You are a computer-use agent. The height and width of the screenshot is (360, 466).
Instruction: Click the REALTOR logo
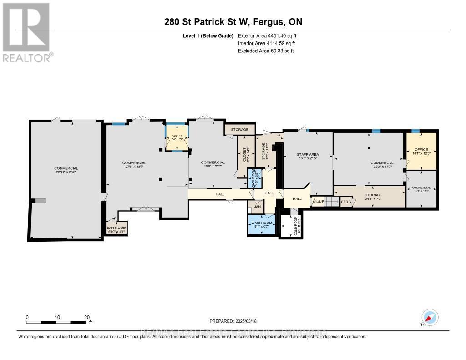click(27, 32)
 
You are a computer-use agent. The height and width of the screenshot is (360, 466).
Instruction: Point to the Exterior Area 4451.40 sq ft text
click(267, 35)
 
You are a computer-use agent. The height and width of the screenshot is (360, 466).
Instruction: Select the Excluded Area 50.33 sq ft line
click(266, 51)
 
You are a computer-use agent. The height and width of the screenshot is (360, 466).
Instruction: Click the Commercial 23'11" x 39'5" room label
click(66, 171)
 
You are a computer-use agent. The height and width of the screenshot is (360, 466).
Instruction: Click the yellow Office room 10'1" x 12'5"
click(421, 151)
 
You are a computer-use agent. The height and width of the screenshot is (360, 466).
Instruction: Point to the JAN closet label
click(257, 207)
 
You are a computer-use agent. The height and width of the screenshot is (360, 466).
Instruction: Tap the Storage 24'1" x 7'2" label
click(373, 197)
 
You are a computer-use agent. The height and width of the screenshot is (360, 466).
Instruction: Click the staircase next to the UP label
click(332, 201)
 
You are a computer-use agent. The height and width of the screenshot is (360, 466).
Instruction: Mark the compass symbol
click(430, 318)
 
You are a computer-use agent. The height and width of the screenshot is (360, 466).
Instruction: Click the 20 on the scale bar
click(87, 317)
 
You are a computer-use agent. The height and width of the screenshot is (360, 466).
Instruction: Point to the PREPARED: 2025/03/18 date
click(233, 321)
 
